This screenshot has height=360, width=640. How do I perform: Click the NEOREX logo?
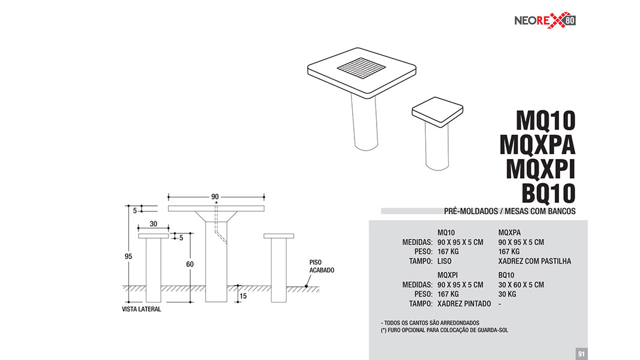(545, 20)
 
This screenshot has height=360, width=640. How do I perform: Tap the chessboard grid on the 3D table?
(361, 68)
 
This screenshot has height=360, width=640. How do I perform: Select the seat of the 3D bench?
(437, 112)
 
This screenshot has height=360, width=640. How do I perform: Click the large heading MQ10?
(546, 121)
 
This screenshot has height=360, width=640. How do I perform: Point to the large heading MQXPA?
(537, 145)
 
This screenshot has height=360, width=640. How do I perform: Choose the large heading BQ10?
(549, 193)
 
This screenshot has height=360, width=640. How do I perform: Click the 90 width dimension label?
(215, 197)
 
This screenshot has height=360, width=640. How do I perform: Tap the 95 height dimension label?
(128, 256)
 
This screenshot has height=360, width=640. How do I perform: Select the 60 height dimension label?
(190, 264)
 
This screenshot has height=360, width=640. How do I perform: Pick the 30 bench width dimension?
(154, 224)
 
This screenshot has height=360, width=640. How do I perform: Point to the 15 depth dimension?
(244, 296)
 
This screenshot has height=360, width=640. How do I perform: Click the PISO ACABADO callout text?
(321, 266)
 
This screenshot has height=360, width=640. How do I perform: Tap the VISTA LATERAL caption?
(141, 309)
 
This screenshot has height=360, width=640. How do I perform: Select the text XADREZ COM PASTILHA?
(534, 261)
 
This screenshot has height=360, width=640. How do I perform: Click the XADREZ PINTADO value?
(464, 304)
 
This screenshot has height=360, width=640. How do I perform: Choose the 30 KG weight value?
(507, 294)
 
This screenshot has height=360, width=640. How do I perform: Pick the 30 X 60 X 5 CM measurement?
(521, 284)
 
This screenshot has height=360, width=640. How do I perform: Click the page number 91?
(582, 353)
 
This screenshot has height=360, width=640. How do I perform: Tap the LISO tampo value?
(444, 261)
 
